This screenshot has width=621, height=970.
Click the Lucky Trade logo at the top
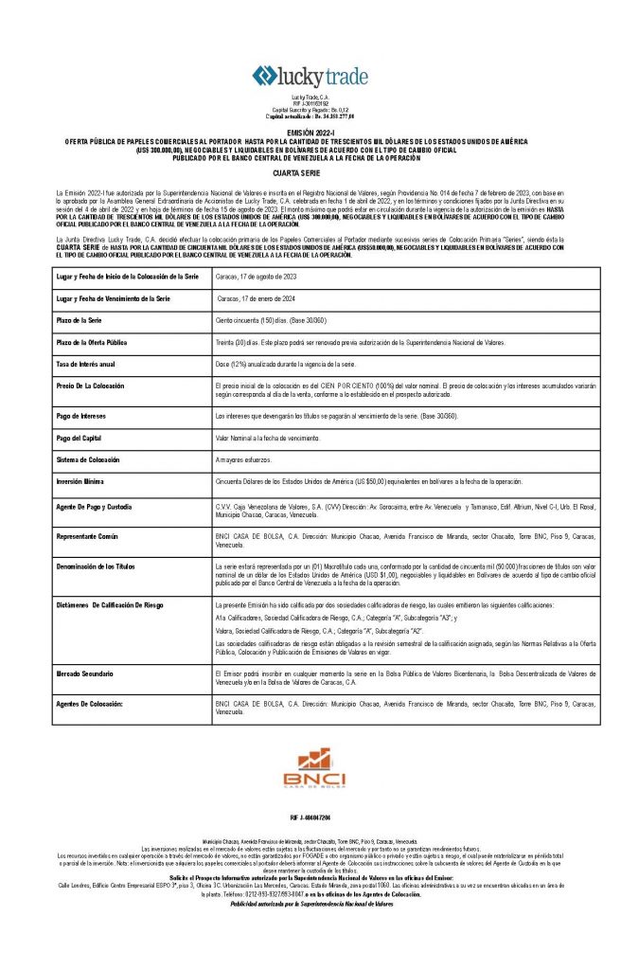click(310, 77)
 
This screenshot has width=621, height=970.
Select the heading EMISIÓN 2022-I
click(310, 134)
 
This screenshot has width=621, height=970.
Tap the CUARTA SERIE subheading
click(310, 175)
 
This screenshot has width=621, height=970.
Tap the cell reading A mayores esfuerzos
click(244, 459)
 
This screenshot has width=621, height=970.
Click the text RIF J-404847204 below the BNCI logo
click(310, 817)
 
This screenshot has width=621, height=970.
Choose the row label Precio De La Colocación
click(97, 386)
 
